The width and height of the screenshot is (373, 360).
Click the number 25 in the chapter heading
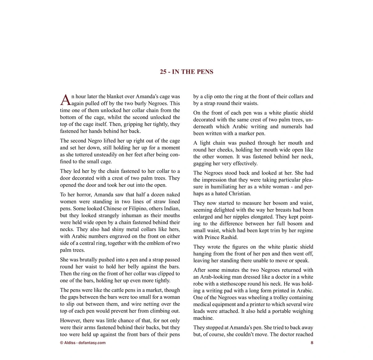(163, 72)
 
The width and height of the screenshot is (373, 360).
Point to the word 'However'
(70, 321)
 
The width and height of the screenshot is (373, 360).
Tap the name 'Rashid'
(228, 237)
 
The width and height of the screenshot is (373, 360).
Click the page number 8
(312, 343)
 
